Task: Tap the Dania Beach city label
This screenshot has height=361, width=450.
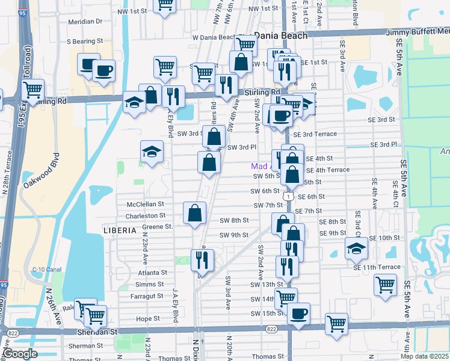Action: coord(280,35)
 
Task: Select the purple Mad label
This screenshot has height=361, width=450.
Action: coord(259,165)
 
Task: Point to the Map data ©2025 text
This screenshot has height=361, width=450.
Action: coord(424,356)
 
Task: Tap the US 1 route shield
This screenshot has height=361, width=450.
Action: coord(289,197)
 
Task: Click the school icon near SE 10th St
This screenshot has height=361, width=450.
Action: coord(356,248)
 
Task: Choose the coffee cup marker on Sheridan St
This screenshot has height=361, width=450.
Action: coord(298,314)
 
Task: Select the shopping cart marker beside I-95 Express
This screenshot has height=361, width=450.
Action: coord(32,91)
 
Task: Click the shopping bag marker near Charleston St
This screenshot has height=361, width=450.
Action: coord(195,214)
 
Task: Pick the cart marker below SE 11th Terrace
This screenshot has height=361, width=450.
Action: coord(385,285)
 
